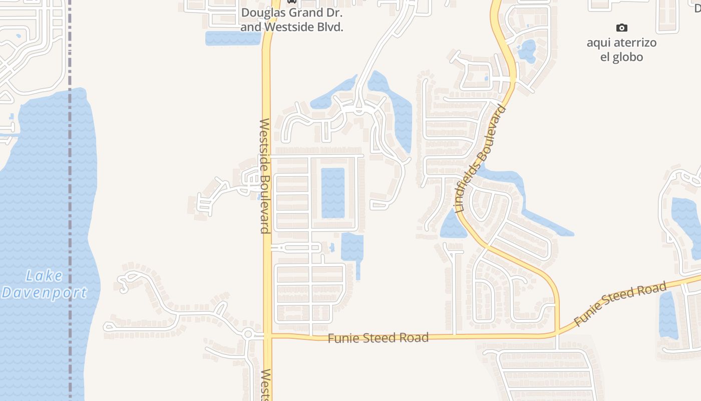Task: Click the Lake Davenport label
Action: point(44,284)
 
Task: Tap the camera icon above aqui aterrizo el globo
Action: point(621,28)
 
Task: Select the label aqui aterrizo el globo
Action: point(621,50)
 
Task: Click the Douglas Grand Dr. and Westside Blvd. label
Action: point(291,20)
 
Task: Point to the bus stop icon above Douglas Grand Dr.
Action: point(291,2)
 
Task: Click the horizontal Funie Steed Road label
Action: point(378,338)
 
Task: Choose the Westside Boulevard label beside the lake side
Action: point(265,175)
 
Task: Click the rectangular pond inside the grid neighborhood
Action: point(332,192)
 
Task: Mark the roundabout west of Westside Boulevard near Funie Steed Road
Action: point(248,334)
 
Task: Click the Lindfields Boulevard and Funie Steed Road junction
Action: point(556,333)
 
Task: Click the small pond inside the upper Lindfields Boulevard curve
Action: point(527,51)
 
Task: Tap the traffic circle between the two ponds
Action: point(359,108)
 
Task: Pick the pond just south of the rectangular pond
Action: point(352,248)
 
